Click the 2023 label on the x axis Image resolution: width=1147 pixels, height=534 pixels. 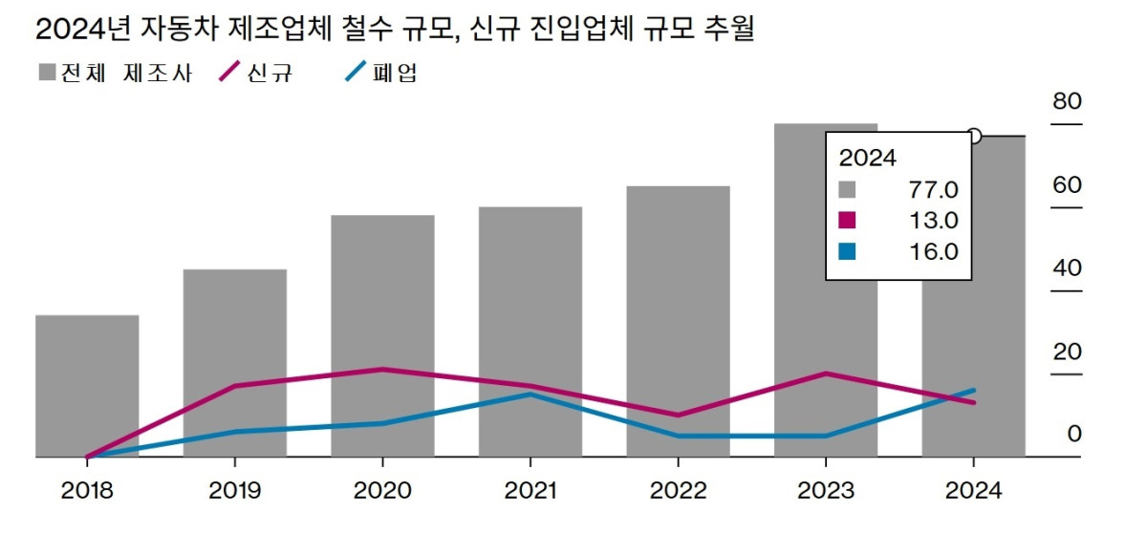tap(826, 491)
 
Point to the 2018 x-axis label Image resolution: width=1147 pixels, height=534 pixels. tap(87, 491)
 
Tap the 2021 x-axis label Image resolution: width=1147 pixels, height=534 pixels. tap(530, 491)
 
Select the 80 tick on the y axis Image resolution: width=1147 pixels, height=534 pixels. tap(1067, 102)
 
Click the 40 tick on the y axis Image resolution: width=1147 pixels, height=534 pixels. tap(1067, 267)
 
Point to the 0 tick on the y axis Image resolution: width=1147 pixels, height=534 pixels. tap(1074, 434)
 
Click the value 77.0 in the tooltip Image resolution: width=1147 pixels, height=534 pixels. tap(933, 188)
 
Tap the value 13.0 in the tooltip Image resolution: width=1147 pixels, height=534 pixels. tap(933, 220)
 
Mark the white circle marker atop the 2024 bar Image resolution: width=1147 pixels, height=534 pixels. tap(974, 136)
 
